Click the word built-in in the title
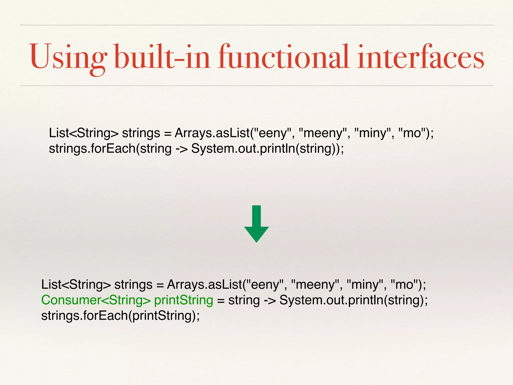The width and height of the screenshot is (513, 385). tap(162, 57)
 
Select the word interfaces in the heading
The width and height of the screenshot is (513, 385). tap(421, 57)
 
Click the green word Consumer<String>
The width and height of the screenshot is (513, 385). tap(96, 300)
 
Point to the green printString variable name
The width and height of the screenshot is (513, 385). tap(184, 300)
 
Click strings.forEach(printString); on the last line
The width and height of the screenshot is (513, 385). tap(120, 316)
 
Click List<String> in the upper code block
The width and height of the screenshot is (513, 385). tap(83, 133)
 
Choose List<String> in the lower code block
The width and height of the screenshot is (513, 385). tap(76, 285)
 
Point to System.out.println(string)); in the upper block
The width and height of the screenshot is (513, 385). tap(268, 149)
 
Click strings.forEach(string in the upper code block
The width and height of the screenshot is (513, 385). tap(110, 149)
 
